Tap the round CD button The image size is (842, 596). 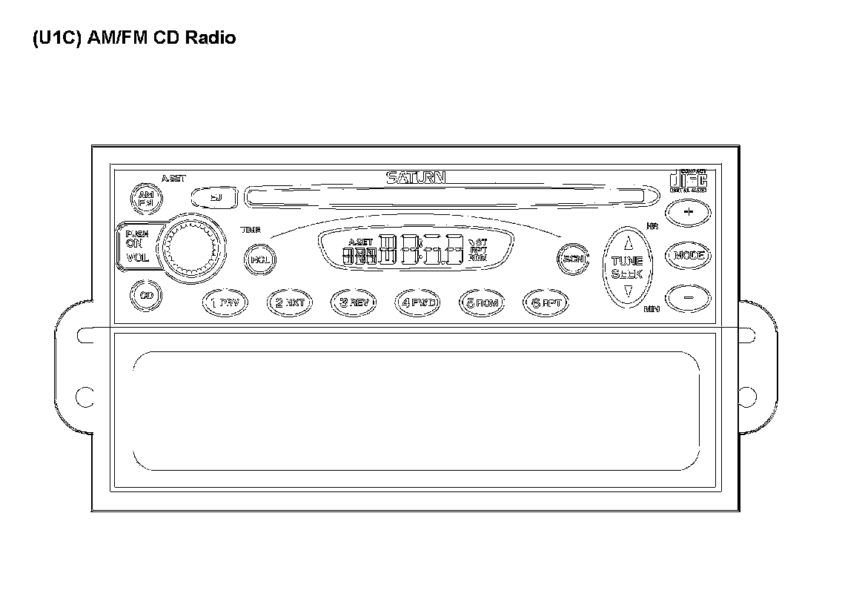[x=146, y=295]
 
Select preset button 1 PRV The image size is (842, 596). [x=225, y=302]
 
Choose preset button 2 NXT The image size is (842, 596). [x=290, y=302]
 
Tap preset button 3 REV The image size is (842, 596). [x=354, y=302]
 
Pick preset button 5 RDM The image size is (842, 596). [x=482, y=302]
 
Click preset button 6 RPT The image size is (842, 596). [x=546, y=302]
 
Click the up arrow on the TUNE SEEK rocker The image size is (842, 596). [x=628, y=243]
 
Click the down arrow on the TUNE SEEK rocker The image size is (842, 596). [x=628, y=291]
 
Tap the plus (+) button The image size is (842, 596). [x=688, y=213]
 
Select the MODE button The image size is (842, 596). [x=688, y=256]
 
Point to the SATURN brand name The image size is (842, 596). [x=416, y=178]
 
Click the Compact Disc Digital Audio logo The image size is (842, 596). [x=688, y=181]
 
